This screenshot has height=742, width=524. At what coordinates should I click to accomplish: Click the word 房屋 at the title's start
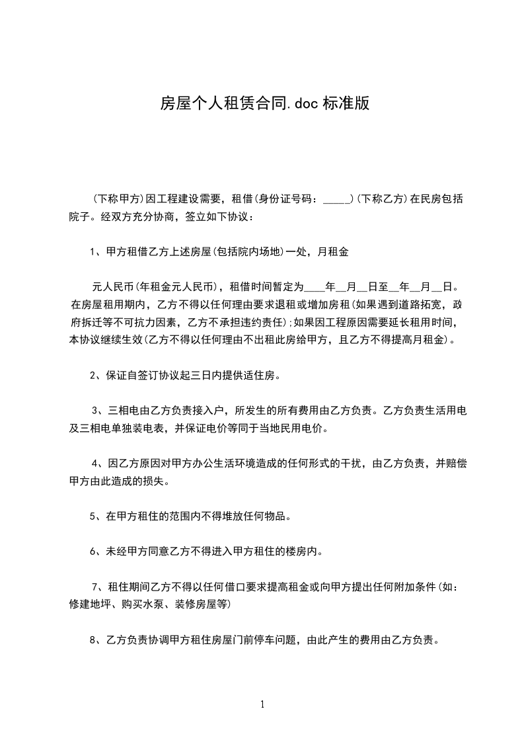(x=171, y=103)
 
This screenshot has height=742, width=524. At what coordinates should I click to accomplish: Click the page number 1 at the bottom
(x=262, y=704)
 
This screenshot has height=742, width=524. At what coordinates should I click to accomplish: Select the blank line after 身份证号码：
(x=338, y=198)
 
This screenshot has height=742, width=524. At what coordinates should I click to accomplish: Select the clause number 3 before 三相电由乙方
(x=95, y=411)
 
